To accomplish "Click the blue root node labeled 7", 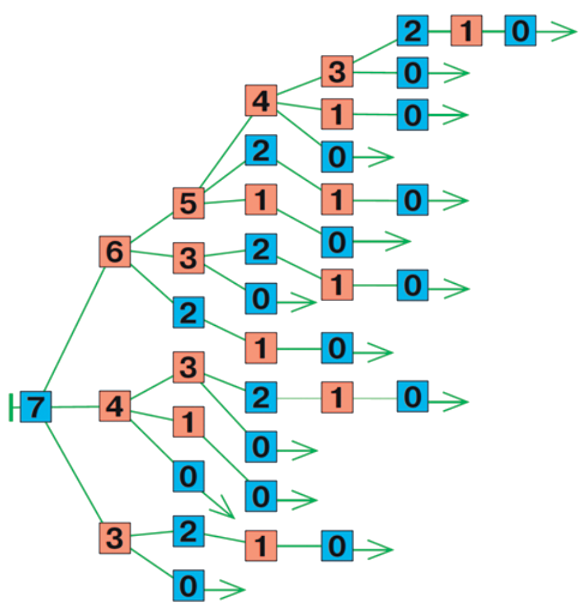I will tap(35, 407).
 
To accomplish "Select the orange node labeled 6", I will tap(115, 251).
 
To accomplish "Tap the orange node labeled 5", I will tap(189, 204).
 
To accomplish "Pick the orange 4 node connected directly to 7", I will tap(115, 406).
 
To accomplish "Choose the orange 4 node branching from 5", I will tap(261, 101).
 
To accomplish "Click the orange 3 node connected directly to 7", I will tap(115, 537).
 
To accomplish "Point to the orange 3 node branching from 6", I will tap(189, 258).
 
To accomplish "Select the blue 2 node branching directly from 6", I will tap(189, 312).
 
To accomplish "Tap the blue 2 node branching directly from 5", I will tap(261, 150).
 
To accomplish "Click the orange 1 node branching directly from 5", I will tap(261, 199).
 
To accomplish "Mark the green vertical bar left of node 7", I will tap(11, 407).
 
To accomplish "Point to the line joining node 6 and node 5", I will tap(152, 227).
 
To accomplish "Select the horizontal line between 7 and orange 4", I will tap(75, 407).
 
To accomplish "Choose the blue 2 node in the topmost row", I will tap(413, 31).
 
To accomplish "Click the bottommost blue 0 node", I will tap(189, 586).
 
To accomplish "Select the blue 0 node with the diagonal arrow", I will tap(189, 476).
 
